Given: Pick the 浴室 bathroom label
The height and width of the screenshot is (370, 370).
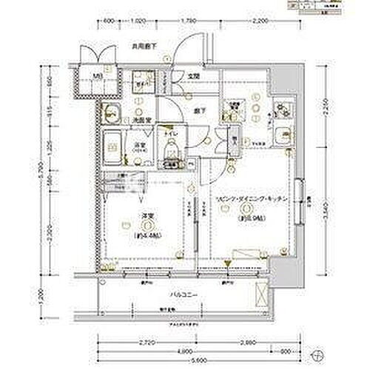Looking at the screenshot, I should coord(138,144).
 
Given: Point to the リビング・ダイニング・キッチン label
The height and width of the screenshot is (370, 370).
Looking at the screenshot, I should coord(245,201).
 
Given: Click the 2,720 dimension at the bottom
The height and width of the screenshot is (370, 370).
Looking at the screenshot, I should coord(146,343).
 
